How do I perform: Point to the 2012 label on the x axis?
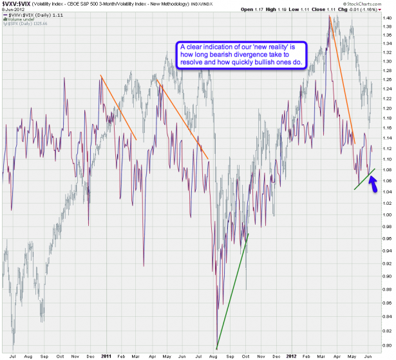tap(291, 355)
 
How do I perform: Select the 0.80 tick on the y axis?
tap(386, 348)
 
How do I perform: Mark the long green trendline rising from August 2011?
tap(232, 290)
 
